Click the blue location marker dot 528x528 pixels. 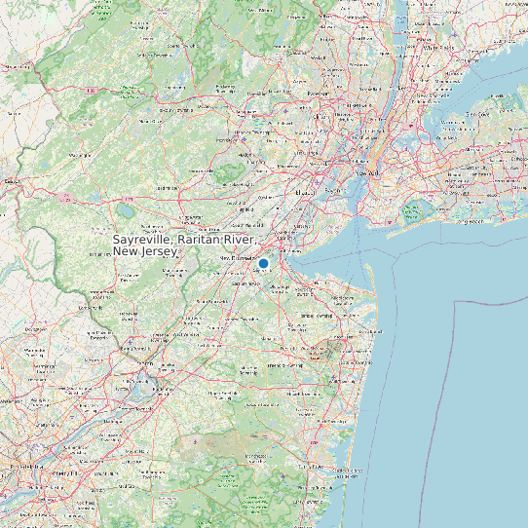click(263, 263)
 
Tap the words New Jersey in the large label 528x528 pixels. click(145, 251)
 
